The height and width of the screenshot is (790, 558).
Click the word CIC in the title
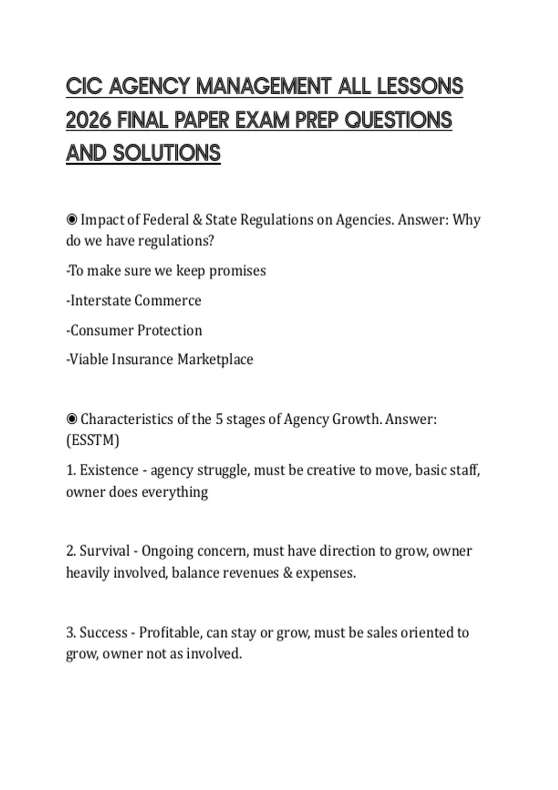coord(84,86)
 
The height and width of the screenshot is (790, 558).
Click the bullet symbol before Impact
coord(72,219)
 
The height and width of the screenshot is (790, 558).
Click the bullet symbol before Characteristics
coord(72,419)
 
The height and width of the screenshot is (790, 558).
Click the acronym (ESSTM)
coord(93,440)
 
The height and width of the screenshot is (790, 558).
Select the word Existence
coord(109,470)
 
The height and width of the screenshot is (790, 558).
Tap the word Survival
coord(105,551)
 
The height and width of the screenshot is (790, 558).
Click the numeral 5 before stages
coord(219,419)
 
